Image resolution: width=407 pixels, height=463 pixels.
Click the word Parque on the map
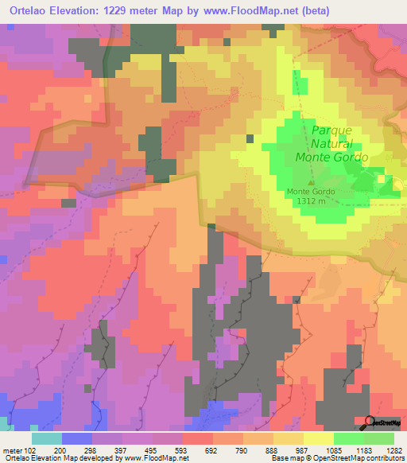(x=331, y=130)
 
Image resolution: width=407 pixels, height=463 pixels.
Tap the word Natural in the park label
(x=333, y=144)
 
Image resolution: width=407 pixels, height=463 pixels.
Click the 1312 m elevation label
(x=311, y=201)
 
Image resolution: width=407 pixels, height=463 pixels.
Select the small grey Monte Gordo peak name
(x=311, y=192)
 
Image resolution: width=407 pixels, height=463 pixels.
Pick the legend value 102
(x=30, y=450)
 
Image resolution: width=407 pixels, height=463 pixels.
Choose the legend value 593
(x=180, y=450)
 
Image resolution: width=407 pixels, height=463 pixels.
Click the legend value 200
(x=60, y=450)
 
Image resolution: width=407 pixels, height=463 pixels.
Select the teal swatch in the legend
(x=47, y=438)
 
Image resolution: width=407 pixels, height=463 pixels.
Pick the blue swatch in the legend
(x=76, y=438)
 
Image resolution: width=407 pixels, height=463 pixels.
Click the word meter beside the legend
(x=12, y=450)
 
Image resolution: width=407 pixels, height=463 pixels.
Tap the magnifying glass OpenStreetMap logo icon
(x=370, y=422)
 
